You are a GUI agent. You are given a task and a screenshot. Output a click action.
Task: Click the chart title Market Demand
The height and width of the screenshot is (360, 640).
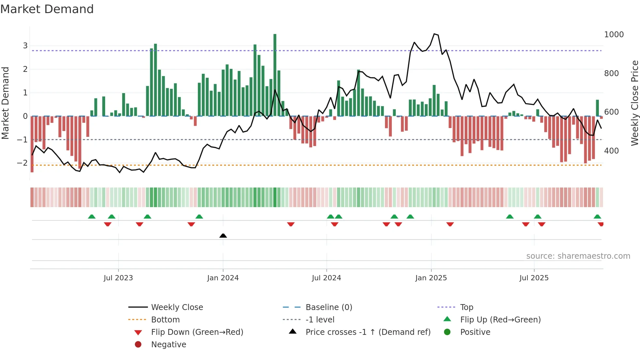point(47,9)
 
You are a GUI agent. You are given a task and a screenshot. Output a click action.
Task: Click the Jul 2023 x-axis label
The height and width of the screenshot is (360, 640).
point(118,278)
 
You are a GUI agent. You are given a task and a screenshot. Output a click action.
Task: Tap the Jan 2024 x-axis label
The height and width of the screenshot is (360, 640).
point(223,278)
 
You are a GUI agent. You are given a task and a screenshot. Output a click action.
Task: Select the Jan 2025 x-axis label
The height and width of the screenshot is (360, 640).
point(431,278)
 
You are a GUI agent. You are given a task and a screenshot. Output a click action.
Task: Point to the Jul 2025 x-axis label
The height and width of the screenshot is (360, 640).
point(534,278)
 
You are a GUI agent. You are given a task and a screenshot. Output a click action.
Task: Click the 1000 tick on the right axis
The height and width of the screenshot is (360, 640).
point(614,35)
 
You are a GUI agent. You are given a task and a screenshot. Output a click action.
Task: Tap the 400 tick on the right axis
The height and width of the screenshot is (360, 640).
point(611,151)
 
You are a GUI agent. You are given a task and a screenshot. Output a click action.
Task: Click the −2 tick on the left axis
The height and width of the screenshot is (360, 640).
point(23,163)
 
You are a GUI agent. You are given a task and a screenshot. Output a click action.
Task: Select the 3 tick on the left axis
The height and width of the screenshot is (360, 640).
point(25,46)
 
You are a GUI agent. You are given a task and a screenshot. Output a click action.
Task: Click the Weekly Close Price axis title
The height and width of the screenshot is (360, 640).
point(634,103)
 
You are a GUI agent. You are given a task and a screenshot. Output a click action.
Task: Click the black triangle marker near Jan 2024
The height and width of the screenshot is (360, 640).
point(223,236)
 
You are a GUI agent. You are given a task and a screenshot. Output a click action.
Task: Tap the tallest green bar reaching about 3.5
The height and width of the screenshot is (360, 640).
point(275,75)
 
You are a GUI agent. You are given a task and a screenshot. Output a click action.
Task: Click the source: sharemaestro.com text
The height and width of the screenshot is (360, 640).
point(578,256)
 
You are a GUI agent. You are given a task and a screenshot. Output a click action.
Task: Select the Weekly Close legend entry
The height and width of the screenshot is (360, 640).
point(177,307)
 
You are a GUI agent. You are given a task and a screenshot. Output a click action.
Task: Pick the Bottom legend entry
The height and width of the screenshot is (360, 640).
point(165,320)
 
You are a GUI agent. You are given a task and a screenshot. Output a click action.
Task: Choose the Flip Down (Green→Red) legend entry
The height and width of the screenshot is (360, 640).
point(197,332)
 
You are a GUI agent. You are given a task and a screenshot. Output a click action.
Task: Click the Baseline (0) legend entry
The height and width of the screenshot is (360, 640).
point(328,307)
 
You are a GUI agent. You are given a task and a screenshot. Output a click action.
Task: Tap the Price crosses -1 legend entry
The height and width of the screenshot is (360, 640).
point(368,332)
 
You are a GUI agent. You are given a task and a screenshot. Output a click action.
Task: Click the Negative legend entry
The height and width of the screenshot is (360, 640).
point(168,345)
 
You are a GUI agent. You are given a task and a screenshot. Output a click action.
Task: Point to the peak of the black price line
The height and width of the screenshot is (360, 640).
point(434,34)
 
